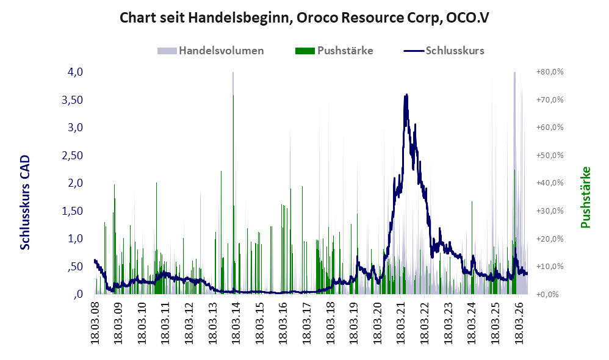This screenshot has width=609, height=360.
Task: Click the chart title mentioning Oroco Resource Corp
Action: coord(304,18)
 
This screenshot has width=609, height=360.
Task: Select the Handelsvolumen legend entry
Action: coord(211,51)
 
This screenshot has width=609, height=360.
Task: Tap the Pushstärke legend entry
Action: coord(334,51)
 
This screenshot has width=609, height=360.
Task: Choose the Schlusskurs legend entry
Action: coord(444,51)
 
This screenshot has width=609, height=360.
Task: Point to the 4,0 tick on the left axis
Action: coord(75,72)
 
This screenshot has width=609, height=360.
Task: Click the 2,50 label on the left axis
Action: coord(72,156)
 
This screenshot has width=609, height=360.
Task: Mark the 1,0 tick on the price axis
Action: coord(75,239)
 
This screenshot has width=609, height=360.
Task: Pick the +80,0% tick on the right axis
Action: coord(550,72)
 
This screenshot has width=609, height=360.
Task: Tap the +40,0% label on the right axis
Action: coord(550,183)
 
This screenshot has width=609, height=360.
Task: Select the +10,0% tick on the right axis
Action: coord(550,267)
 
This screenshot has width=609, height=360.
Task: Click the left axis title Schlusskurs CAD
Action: coord(25,203)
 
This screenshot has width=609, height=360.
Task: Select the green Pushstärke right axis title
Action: coord(585,197)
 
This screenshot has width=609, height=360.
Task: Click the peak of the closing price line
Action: coord(406,95)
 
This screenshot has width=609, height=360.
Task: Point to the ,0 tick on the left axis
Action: coord(78,294)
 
